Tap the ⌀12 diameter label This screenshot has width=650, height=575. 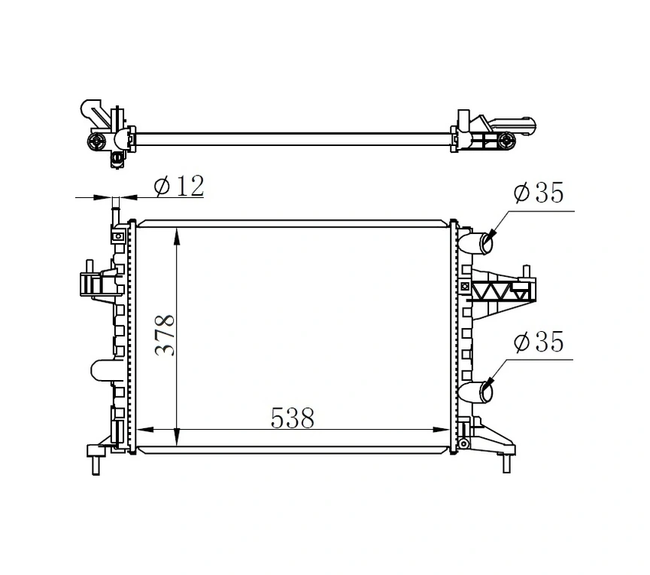pyautogui.click(x=179, y=186)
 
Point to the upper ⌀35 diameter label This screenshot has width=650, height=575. pyautogui.click(x=538, y=193)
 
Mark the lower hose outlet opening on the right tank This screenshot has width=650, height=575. pyautogui.click(x=487, y=391)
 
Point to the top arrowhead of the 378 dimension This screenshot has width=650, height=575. pyautogui.click(x=177, y=237)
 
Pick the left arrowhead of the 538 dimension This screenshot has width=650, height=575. pyautogui.click(x=143, y=430)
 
